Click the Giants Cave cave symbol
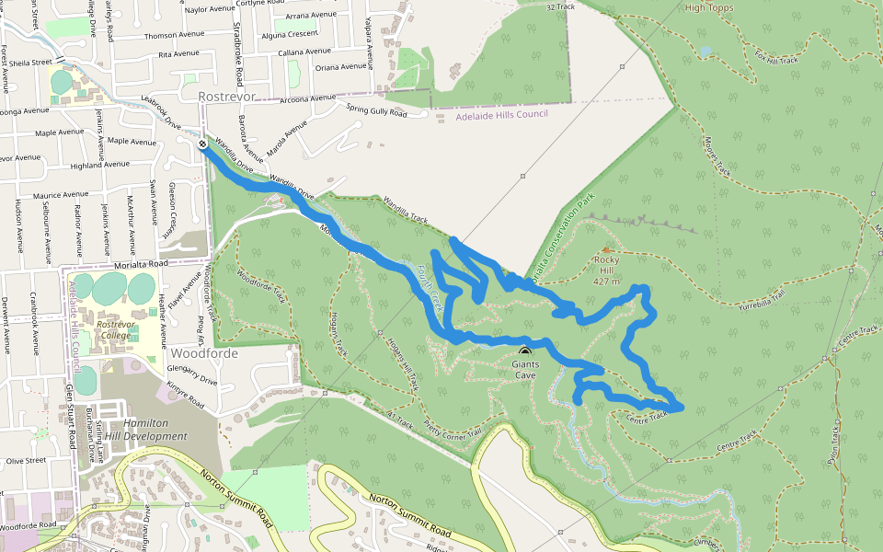pos(525,352)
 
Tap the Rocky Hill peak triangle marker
pos(605,249)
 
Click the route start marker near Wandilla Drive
pos(201,144)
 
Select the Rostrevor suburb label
pos(226,96)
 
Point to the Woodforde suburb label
pos(204,353)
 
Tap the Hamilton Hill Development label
pos(148,430)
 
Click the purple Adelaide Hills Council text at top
pos(502,114)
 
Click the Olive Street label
pos(26,460)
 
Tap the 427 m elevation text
pos(606,282)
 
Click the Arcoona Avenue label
pos(307,98)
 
